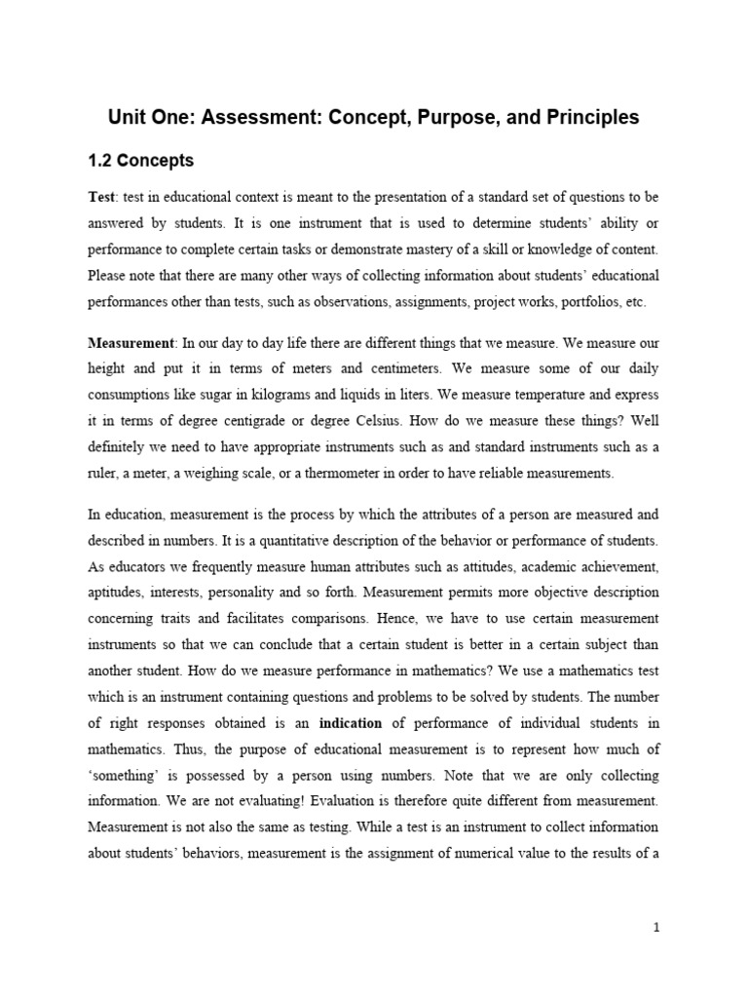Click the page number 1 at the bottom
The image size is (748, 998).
tap(657, 929)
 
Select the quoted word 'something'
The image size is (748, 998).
tap(122, 776)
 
